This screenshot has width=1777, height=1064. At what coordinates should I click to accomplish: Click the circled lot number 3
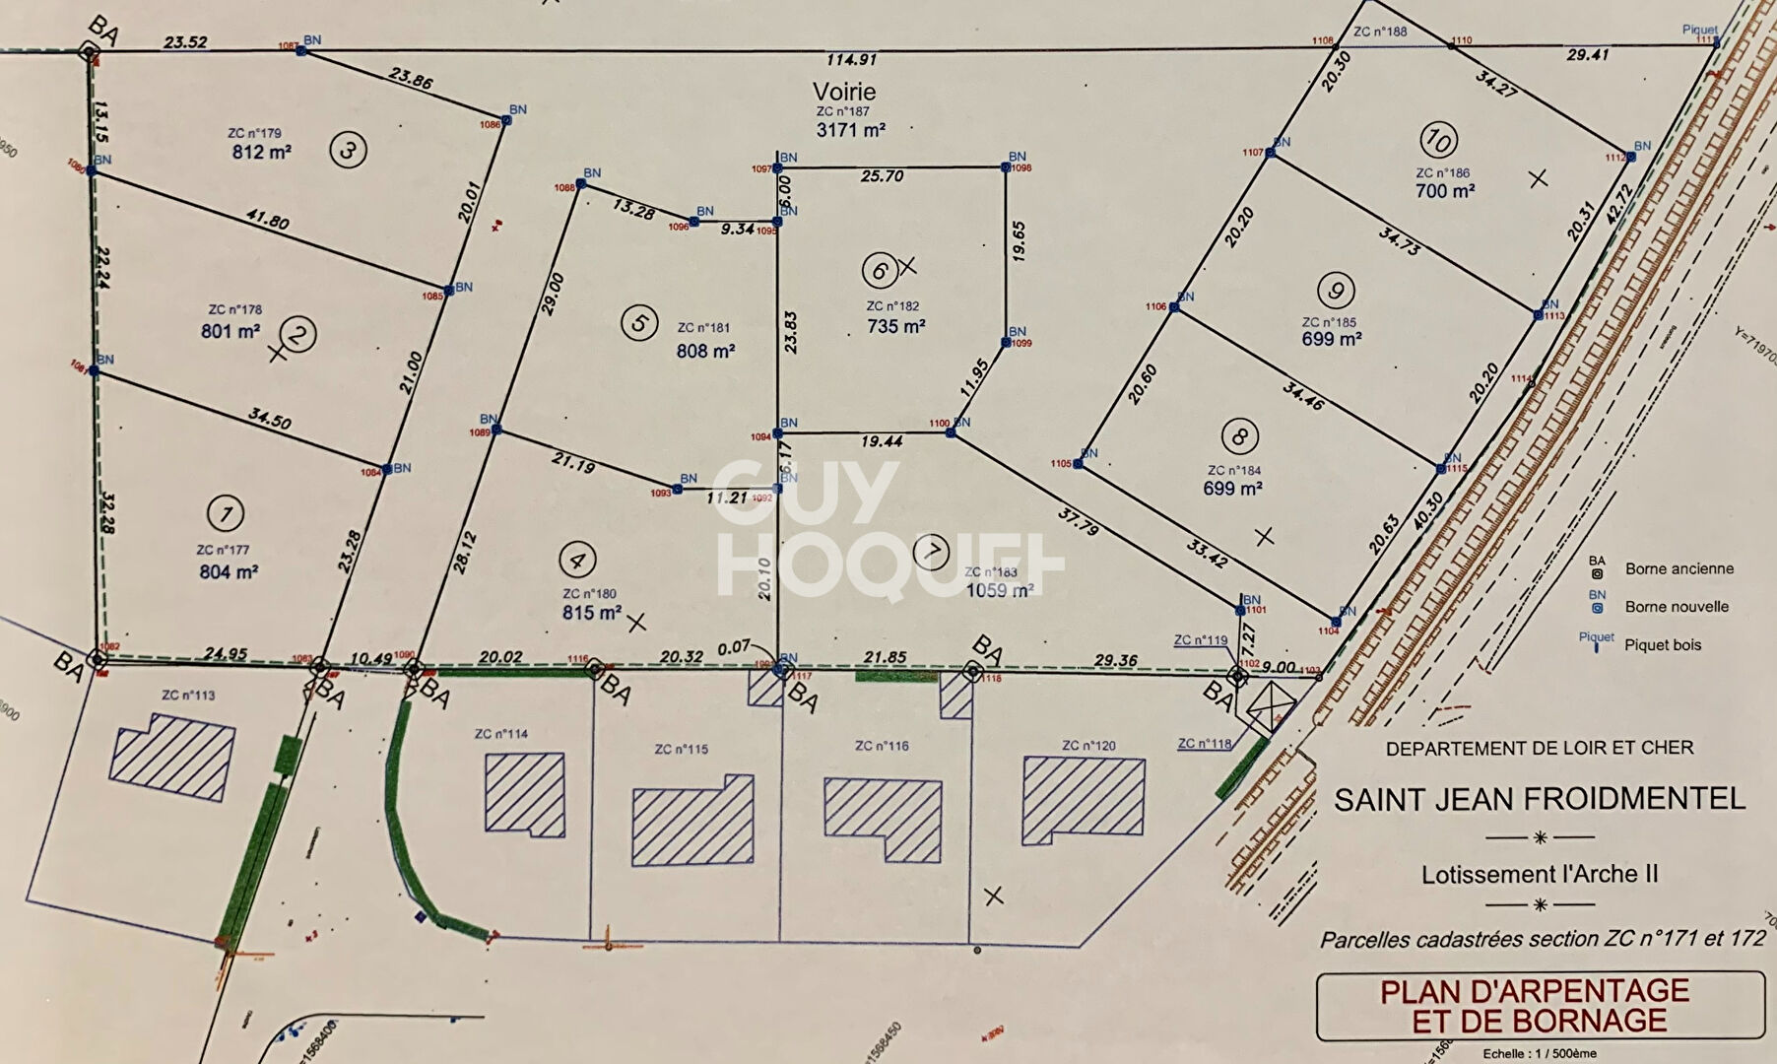[348, 151]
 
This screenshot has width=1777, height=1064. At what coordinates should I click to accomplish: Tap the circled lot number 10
[1438, 140]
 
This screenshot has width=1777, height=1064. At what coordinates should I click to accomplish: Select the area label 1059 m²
[999, 590]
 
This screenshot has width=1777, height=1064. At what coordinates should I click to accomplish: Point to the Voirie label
[844, 92]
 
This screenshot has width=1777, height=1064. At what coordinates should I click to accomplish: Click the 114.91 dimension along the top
[851, 60]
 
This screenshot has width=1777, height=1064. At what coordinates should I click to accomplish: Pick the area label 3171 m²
[850, 130]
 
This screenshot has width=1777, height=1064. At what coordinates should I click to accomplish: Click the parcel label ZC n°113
[188, 695]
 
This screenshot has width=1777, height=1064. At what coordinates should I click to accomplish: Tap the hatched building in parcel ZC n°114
[525, 795]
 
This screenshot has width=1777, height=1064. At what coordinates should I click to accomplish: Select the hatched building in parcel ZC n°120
[1084, 800]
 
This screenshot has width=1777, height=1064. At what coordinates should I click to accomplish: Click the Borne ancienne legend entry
[1678, 568]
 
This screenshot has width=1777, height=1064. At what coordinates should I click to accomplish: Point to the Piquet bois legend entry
[1663, 645]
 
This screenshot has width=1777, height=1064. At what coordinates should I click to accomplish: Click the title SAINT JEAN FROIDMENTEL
[1539, 799]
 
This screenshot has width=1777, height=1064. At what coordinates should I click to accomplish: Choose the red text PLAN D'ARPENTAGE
[1534, 991]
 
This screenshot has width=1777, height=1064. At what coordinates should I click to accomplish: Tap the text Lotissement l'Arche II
[1539, 874]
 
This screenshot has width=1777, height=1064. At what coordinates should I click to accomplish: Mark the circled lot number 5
[639, 322]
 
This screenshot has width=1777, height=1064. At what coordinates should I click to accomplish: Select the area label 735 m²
[895, 326]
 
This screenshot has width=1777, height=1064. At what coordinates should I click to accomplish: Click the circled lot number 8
[1239, 436]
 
